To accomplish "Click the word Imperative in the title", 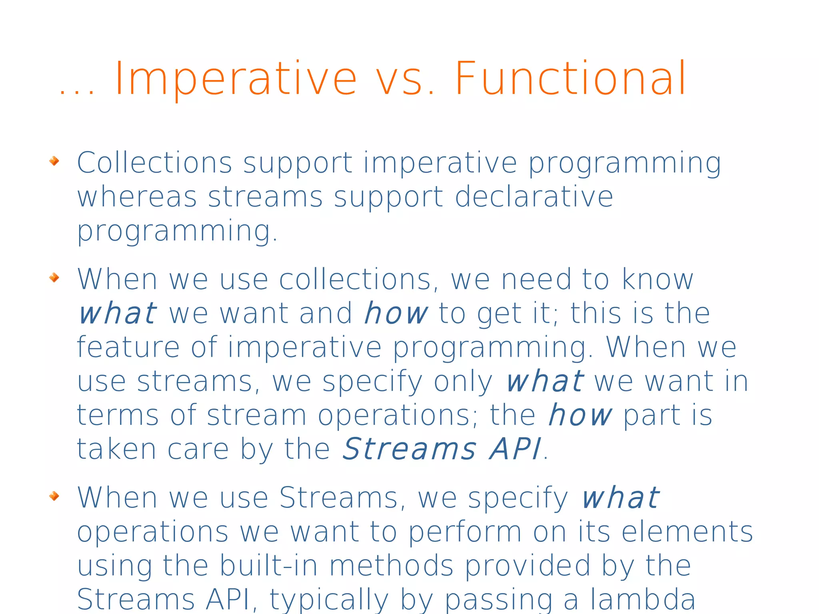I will pos(236,79).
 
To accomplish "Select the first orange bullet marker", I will pos(54,161).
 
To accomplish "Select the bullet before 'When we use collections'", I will pos(54,277).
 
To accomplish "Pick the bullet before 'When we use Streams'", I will pos(54,496).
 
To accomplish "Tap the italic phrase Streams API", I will pos(442,449).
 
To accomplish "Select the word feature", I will pos(128,347).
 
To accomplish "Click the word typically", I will pos(329,600).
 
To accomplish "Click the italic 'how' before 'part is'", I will pos(579,415).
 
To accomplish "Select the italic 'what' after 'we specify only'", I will pos(545,381).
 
